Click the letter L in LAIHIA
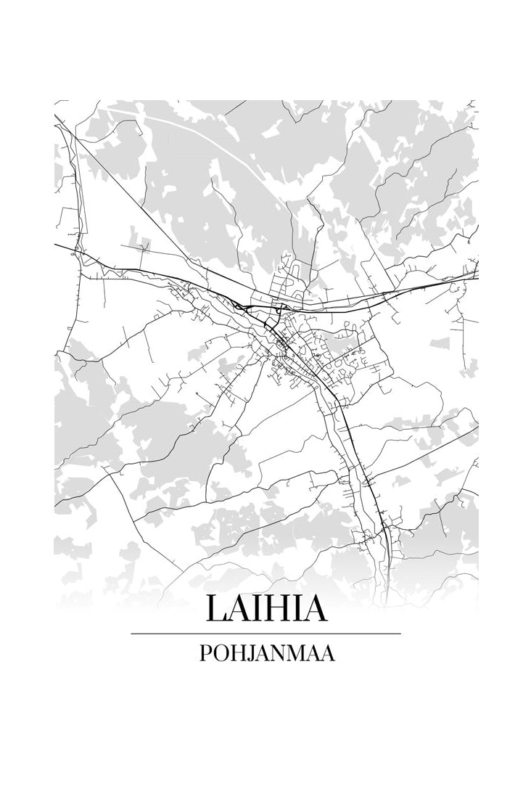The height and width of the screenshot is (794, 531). [216, 608]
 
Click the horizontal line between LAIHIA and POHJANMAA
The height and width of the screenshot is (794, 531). [265, 634]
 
